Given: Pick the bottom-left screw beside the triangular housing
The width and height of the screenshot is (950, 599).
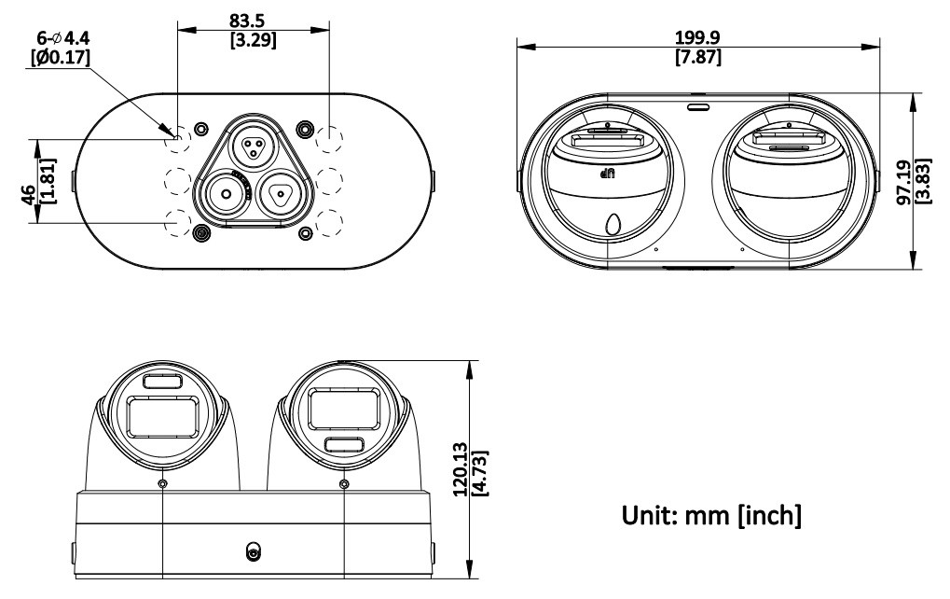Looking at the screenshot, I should (199, 233).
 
